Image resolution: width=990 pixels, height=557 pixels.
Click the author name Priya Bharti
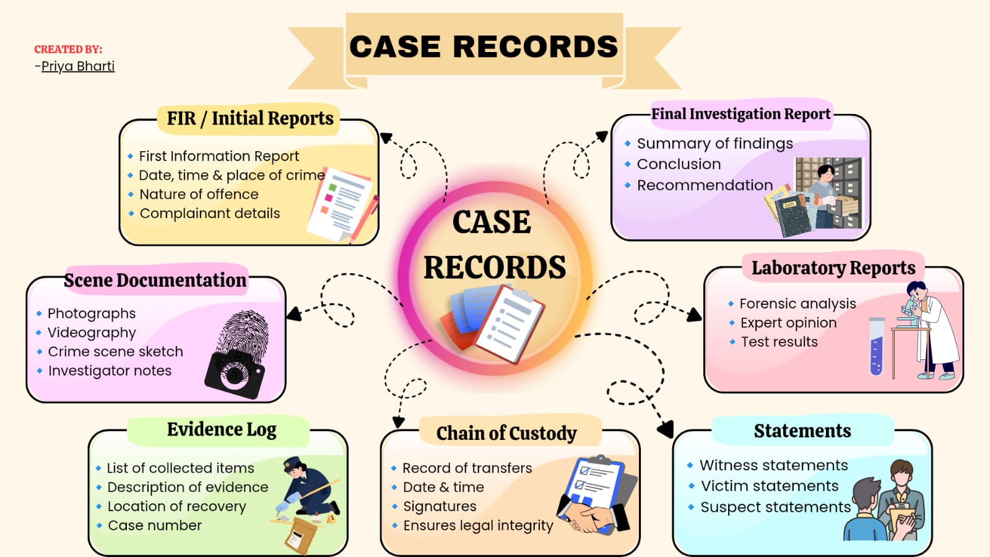pos(78,66)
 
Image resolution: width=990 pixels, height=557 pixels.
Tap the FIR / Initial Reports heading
pos(250,118)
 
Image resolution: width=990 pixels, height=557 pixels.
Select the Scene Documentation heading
pos(155,280)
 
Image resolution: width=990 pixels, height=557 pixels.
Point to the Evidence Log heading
pos(222,429)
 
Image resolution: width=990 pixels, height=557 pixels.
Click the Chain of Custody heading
pos(506,433)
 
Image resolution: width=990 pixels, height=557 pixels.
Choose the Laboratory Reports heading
pos(833,268)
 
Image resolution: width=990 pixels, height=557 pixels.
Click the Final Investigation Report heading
pos(740,114)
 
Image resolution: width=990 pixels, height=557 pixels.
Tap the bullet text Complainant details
pos(210,213)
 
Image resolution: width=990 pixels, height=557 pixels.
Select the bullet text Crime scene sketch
pos(116,351)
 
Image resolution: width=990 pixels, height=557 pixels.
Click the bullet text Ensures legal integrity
pos(478,525)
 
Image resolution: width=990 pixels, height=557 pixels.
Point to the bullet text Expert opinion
pos(788,323)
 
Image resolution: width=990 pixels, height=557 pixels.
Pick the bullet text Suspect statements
pos(775,507)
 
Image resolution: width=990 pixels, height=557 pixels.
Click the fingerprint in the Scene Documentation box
pos(243,335)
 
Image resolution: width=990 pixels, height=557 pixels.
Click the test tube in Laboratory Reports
pos(876,347)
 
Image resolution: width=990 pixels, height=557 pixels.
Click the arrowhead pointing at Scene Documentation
pos(293,314)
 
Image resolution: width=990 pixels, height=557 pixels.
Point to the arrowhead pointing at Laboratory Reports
pos(694,315)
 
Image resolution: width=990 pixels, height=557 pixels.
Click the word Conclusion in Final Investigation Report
pos(679,164)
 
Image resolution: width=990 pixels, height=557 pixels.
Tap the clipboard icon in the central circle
pos(509,322)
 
